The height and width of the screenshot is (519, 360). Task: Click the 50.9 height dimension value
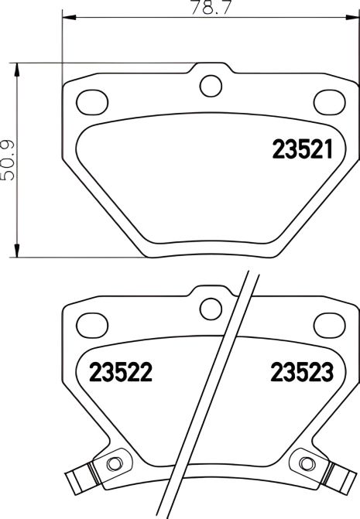click(x=9, y=159)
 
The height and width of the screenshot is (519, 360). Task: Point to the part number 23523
click(x=301, y=374)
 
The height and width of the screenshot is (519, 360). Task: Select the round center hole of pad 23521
click(x=210, y=84)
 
